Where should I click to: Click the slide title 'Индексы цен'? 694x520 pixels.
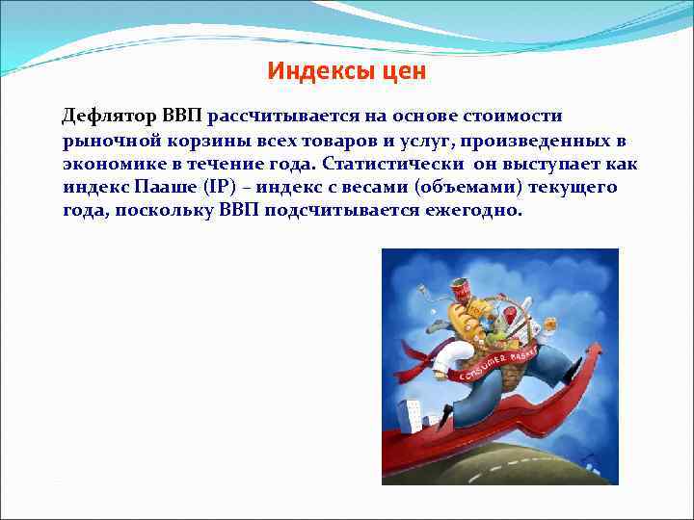346,71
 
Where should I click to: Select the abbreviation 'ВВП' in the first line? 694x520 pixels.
181,117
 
